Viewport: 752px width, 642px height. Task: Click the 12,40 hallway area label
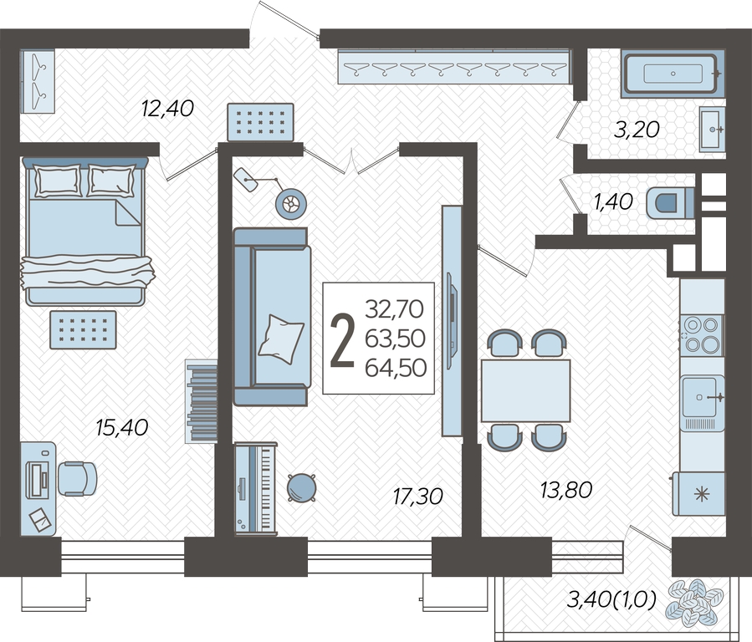coord(168,109)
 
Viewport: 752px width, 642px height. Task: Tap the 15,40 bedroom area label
coord(122,427)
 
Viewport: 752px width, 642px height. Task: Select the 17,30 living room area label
coord(417,497)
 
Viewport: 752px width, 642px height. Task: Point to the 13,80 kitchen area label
coord(566,490)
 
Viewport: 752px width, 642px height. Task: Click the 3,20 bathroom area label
coord(637,130)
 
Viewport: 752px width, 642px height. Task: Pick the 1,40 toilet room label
coord(613,201)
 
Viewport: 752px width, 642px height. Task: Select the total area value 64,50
coord(396,368)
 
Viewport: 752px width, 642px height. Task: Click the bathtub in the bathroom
coord(672,74)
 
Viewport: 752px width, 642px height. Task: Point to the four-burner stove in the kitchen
coord(702,335)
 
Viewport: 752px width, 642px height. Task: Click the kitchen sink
coord(702,397)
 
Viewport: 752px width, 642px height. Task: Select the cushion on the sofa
coord(281,339)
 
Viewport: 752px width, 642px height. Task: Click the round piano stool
coord(302,487)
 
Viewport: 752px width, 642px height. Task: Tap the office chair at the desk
coord(77,479)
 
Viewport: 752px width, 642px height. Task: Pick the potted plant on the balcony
coord(693,602)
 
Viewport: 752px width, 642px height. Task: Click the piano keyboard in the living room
coord(256,487)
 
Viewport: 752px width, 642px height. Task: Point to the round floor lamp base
coord(290,204)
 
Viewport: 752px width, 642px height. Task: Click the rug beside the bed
coord(83,329)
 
